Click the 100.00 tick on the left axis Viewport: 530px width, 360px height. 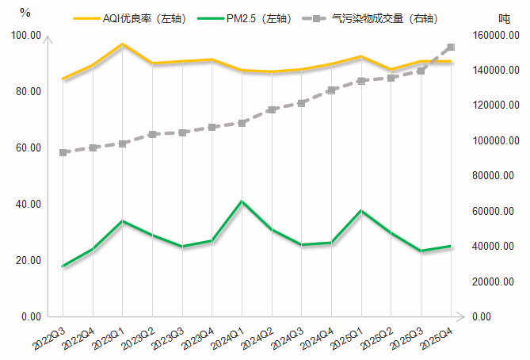(25, 36)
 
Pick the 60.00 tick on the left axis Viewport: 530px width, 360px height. (28, 148)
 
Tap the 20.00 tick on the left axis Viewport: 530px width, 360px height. (28, 261)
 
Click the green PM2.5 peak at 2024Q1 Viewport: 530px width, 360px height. (242, 201)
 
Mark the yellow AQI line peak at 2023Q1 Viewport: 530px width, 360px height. (122, 44)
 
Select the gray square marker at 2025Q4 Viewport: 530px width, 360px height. (451, 48)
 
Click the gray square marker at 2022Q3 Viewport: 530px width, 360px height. (63, 152)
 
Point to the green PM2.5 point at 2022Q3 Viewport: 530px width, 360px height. (63, 266)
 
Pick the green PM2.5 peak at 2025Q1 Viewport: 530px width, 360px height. (361, 211)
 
